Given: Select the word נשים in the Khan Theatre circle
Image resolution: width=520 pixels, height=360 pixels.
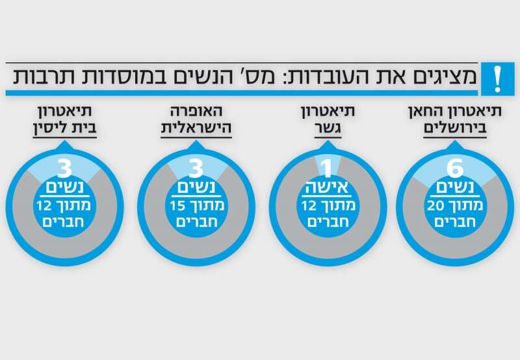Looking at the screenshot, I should pos(454,189).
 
